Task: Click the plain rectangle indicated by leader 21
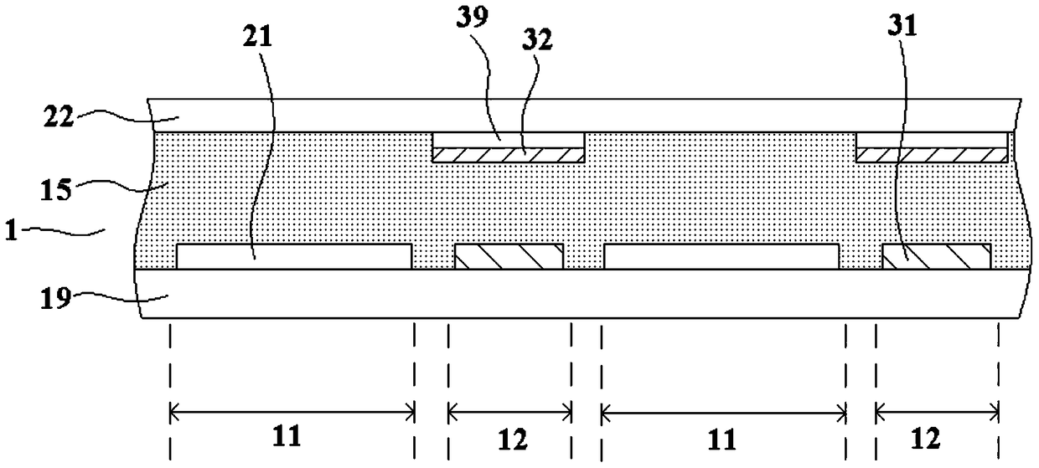tap(293, 256)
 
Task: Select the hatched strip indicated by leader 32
tap(508, 155)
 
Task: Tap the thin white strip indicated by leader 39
tap(508, 139)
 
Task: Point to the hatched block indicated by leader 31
tap(936, 256)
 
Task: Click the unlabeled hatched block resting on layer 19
tap(508, 256)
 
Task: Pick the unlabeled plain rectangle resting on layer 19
tap(721, 256)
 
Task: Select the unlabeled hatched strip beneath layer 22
tap(931, 155)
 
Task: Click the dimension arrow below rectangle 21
tap(292, 411)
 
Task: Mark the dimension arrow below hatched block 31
tap(937, 411)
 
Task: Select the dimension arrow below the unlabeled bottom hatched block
tap(510, 411)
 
